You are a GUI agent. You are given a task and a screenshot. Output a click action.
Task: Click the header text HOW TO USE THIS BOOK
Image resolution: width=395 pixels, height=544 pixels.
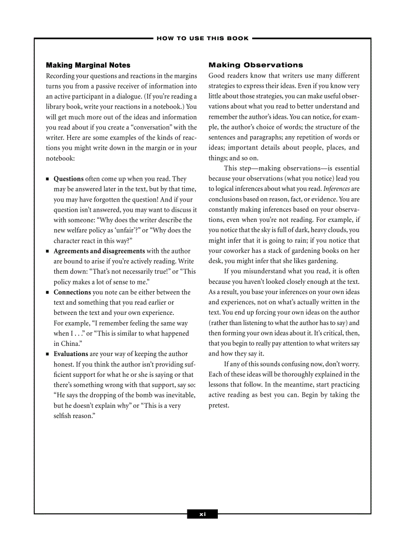point(202,38)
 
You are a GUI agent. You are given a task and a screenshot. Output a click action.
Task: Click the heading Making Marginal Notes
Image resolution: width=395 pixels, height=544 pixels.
point(88,65)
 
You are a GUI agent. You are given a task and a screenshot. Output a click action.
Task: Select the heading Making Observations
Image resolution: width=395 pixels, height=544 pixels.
point(256,65)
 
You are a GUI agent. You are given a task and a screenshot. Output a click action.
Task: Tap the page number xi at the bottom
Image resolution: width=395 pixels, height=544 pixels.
point(202,514)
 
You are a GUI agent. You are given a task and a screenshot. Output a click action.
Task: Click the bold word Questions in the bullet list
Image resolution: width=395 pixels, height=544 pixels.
point(68,179)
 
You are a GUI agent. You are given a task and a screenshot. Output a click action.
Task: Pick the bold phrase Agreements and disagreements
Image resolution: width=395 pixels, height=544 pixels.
point(99,251)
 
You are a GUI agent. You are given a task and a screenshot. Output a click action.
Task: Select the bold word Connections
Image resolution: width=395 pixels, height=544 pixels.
point(72,292)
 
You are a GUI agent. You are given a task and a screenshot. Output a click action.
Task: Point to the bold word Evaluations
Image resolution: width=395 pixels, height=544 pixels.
point(71,354)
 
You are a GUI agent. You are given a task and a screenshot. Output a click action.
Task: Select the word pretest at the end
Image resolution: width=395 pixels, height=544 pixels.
point(218,405)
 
